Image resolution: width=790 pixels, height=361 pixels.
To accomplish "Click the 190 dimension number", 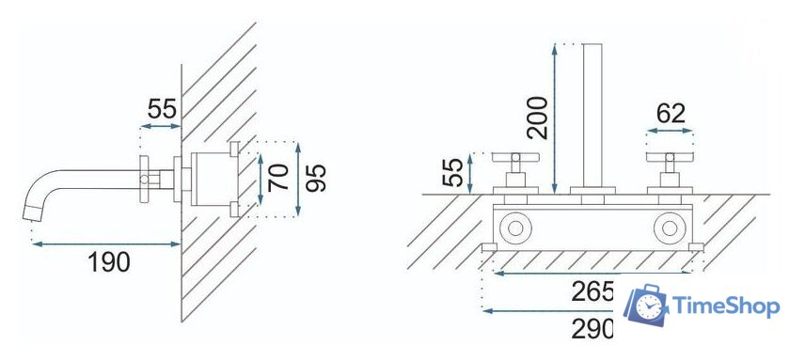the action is (109, 261).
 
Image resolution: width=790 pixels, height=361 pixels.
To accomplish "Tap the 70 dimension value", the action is (278, 178).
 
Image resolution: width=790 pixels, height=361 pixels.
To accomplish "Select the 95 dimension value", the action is (316, 179).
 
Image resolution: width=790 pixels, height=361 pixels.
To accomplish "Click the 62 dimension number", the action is (671, 114).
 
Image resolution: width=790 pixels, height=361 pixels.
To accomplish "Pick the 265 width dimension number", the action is (592, 291).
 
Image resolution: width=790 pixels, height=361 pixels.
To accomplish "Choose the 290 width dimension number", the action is (592, 329).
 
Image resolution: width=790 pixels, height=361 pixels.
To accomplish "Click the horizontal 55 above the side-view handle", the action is (162, 109).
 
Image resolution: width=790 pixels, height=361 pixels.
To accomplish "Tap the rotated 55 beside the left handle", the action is (452, 173).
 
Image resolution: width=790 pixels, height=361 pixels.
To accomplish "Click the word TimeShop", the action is (726, 306).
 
